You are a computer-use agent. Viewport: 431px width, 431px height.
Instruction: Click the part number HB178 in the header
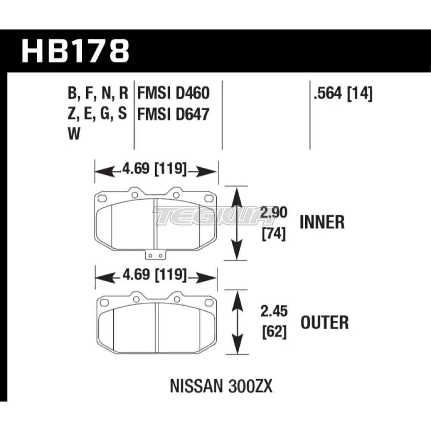(x=75, y=51)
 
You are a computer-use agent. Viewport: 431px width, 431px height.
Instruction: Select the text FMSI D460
(x=173, y=93)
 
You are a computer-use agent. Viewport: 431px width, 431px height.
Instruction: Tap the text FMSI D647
(x=173, y=114)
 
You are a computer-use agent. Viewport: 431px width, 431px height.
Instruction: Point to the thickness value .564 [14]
(x=343, y=94)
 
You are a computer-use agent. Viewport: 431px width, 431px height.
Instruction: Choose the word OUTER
(x=325, y=322)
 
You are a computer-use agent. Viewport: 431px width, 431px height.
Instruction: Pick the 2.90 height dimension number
(x=274, y=212)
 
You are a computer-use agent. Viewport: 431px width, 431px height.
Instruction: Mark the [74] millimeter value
(x=274, y=234)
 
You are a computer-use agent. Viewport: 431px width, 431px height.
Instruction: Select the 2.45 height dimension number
(x=274, y=311)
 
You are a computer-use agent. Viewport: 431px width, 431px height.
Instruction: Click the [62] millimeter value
(x=274, y=332)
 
